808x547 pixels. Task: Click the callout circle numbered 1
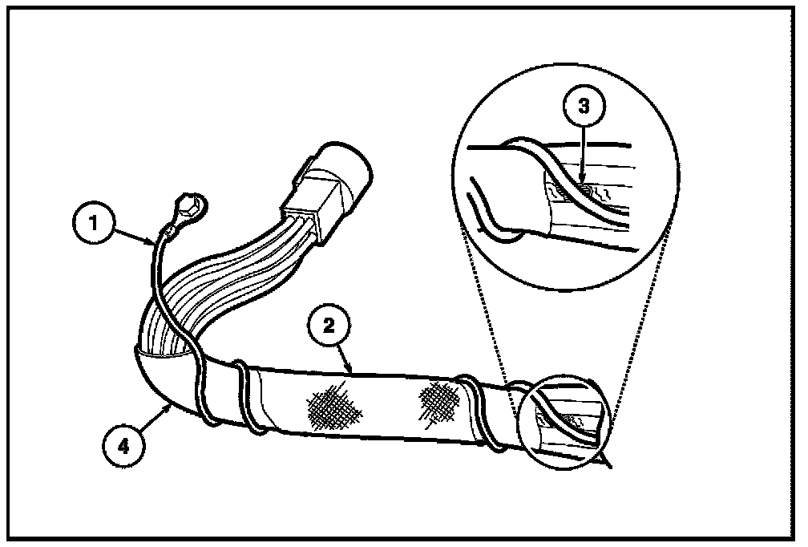(95, 224)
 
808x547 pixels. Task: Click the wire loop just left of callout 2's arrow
(246, 393)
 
